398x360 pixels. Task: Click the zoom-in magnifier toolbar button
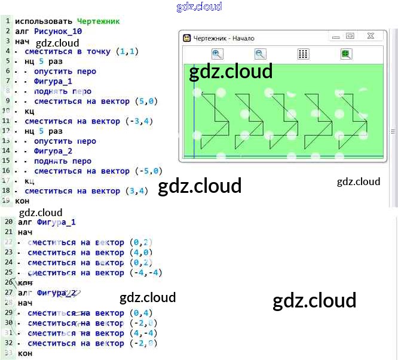click(x=217, y=54)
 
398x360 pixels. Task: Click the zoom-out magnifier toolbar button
click(x=260, y=54)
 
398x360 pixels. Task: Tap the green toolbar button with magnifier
click(x=346, y=54)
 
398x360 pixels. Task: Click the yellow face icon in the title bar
click(x=187, y=38)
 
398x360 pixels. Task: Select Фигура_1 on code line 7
click(x=53, y=81)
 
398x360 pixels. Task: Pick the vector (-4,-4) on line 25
click(x=146, y=273)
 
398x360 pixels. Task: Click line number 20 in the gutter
click(x=8, y=222)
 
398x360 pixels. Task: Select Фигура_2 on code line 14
click(x=53, y=151)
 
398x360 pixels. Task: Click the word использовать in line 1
click(x=44, y=21)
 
